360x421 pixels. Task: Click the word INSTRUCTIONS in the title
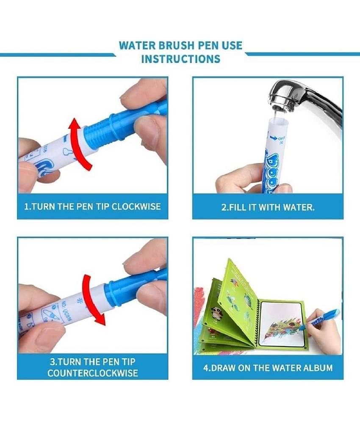(180, 59)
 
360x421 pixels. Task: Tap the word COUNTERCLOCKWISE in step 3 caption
(93, 373)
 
